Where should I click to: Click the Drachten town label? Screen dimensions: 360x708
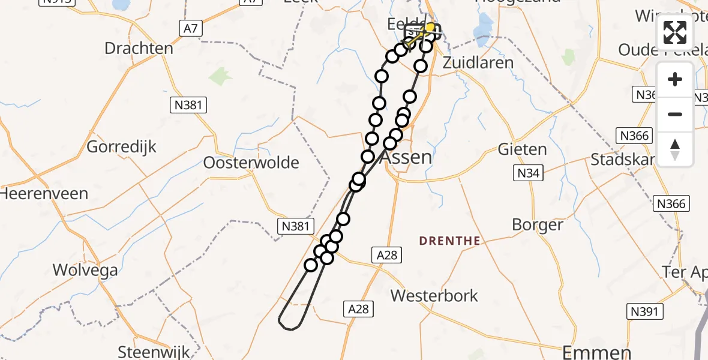coord(139,48)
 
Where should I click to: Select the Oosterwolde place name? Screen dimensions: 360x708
coord(251,163)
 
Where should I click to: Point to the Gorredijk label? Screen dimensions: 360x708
coord(122,146)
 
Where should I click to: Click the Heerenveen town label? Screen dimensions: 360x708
coord(44,194)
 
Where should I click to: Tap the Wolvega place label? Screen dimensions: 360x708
coord(85,270)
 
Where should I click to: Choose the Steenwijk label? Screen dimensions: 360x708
coord(154,352)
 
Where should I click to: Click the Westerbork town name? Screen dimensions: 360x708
coord(434,295)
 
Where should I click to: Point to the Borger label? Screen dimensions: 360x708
coord(538,225)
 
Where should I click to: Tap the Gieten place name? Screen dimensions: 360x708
coord(522,149)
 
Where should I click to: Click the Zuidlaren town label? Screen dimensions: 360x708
coord(478,62)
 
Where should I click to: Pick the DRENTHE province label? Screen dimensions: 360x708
coord(449,241)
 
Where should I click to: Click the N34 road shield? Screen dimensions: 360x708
coord(529,174)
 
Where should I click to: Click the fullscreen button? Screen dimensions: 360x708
coord(675,32)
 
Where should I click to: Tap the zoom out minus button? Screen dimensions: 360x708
coord(675,114)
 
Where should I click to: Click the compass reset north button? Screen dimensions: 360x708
coord(675,149)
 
